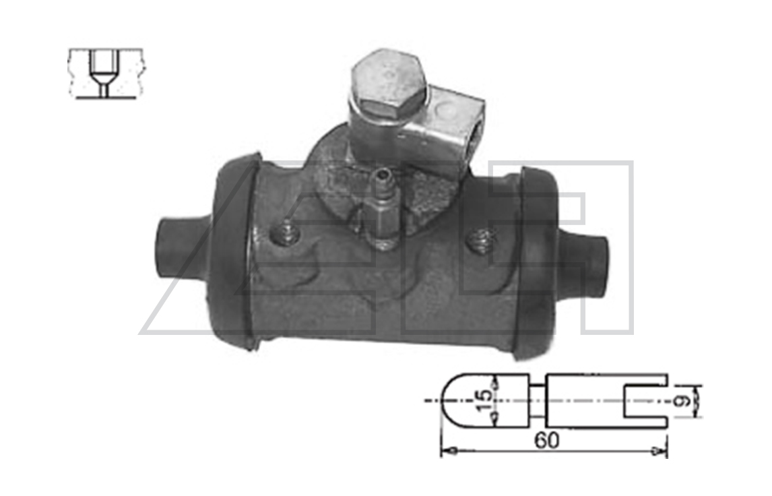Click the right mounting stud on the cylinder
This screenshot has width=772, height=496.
point(480,241)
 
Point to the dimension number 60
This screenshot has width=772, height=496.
point(546,440)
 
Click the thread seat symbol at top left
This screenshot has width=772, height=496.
point(105,73)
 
